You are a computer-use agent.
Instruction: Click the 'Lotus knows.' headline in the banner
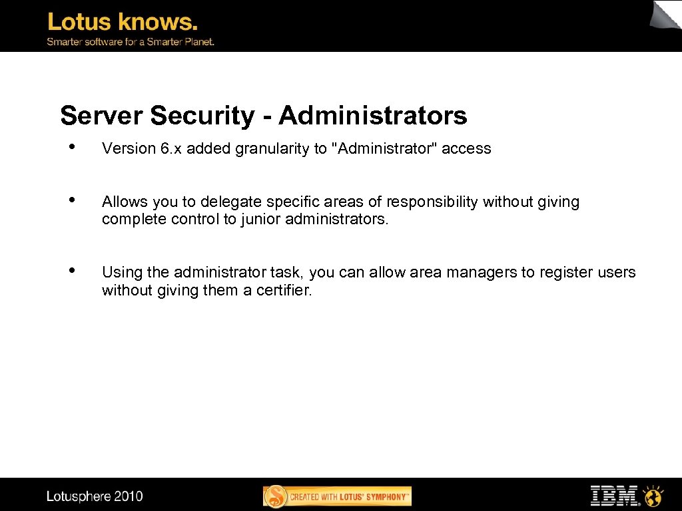pyautogui.click(x=123, y=22)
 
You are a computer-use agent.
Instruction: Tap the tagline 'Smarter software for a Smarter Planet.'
pyautogui.click(x=130, y=41)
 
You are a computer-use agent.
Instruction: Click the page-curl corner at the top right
pyautogui.click(x=666, y=15)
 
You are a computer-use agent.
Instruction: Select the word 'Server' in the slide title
pyautogui.click(x=102, y=116)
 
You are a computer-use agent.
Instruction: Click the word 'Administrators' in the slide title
pyautogui.click(x=373, y=116)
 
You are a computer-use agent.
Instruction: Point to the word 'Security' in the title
pyautogui.click(x=202, y=116)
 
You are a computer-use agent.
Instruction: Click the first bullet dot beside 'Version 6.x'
pyautogui.click(x=71, y=147)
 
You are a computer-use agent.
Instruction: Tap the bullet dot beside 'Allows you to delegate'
pyautogui.click(x=71, y=200)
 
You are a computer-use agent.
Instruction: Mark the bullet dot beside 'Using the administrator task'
pyautogui.click(x=71, y=271)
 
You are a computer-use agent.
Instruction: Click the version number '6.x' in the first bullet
pyautogui.click(x=172, y=149)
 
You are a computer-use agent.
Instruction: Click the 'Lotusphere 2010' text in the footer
pyautogui.click(x=95, y=496)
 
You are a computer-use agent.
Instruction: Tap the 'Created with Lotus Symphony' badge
pyautogui.click(x=338, y=496)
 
